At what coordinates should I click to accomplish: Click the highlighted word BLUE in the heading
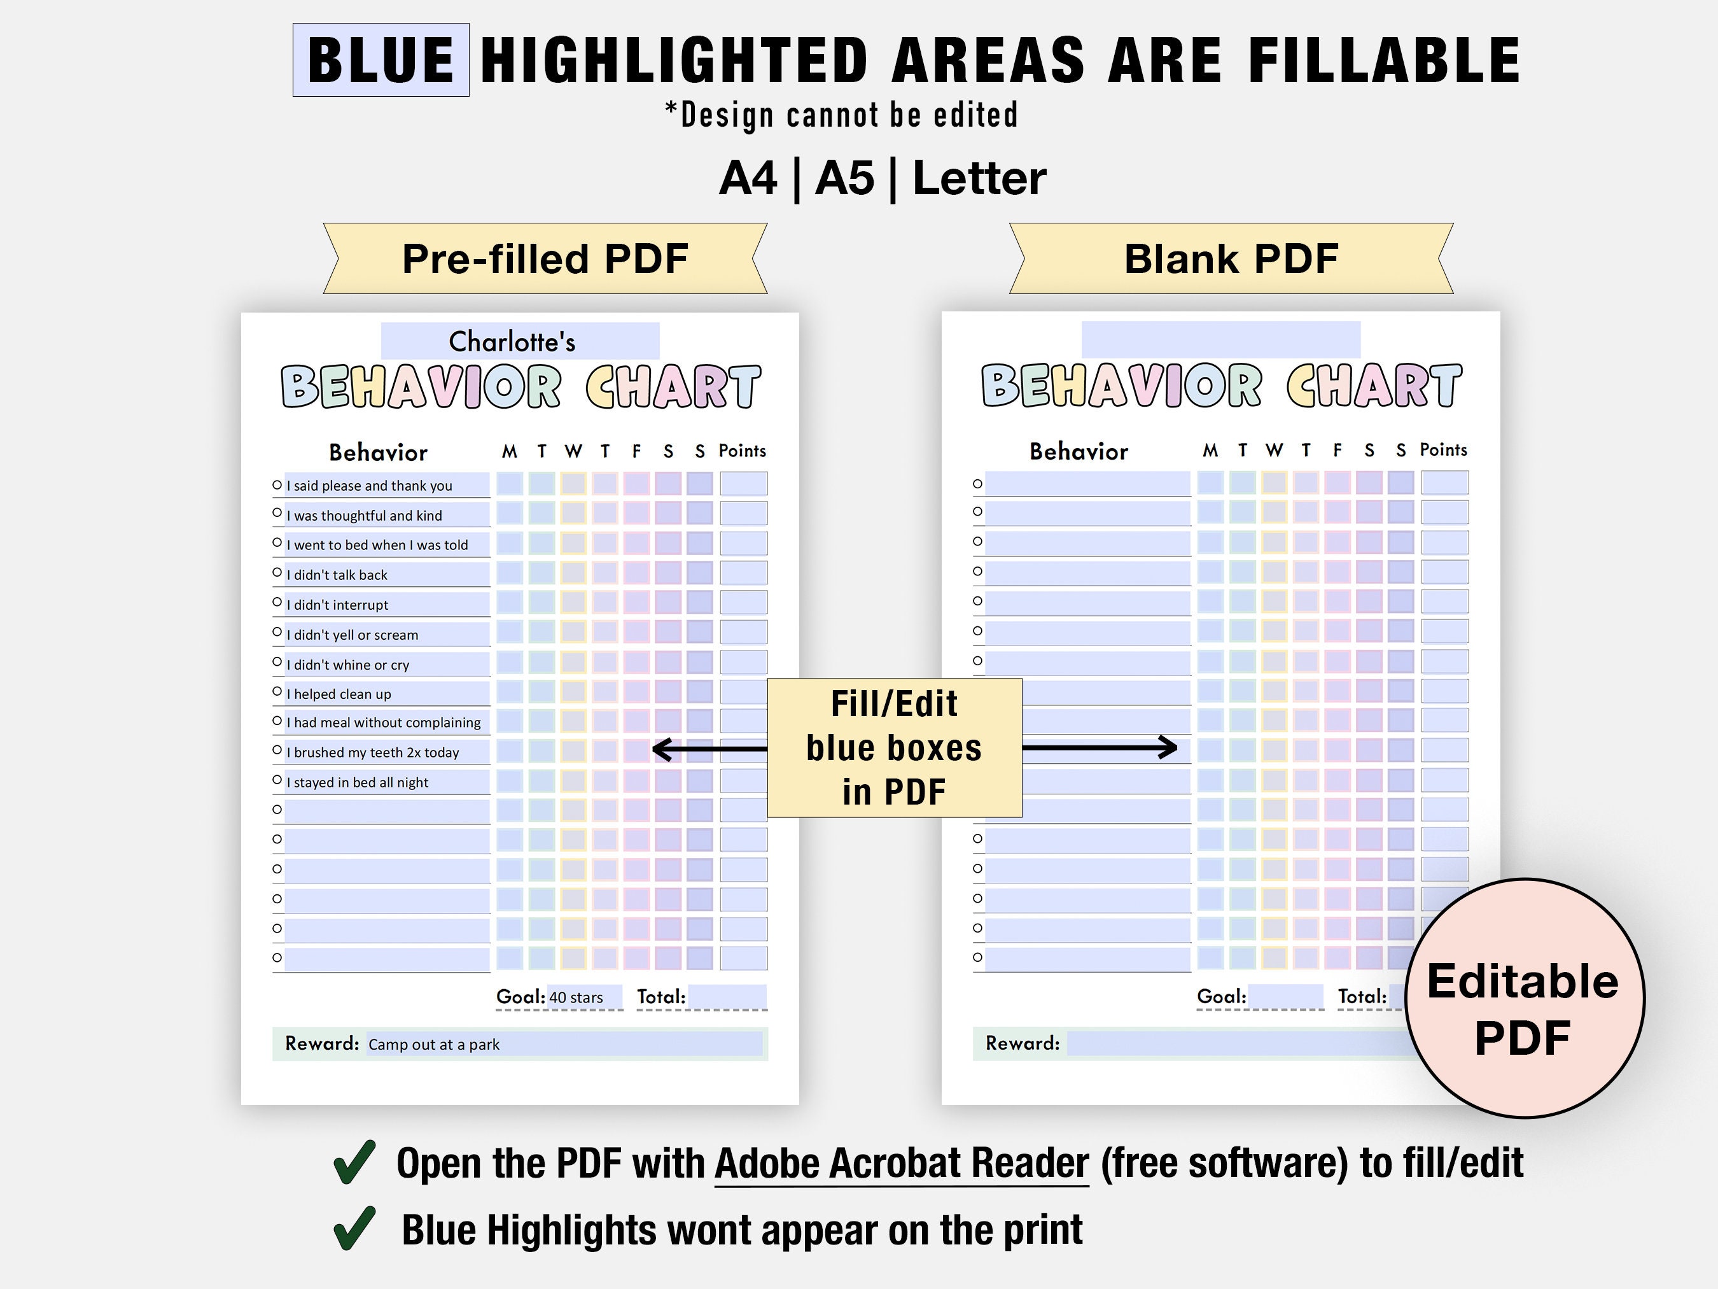pyautogui.click(x=381, y=60)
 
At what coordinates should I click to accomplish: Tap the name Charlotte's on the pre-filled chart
pyautogui.click(x=512, y=341)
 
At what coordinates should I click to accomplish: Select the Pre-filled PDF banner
pyautogui.click(x=545, y=258)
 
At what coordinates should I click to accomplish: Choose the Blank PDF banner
pyautogui.click(x=1231, y=258)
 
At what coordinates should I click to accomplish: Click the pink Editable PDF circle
pyautogui.click(x=1524, y=998)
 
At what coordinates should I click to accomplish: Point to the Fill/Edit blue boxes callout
pyautogui.click(x=894, y=747)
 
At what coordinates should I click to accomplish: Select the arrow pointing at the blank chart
pyautogui.click(x=1100, y=747)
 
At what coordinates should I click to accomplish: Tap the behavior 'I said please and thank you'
pyautogui.click(x=369, y=486)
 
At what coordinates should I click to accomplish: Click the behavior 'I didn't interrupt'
pyautogui.click(x=337, y=605)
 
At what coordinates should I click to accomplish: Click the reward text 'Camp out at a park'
pyautogui.click(x=433, y=1045)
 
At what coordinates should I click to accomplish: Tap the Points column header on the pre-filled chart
pyautogui.click(x=743, y=451)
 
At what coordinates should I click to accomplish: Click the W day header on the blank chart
pyautogui.click(x=1274, y=450)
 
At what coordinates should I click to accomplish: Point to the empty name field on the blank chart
pyautogui.click(x=1221, y=339)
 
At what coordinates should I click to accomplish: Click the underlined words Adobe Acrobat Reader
pyautogui.click(x=902, y=1163)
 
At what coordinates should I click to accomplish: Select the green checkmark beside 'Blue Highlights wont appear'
pyautogui.click(x=354, y=1229)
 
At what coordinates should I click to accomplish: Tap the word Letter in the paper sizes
pyautogui.click(x=979, y=178)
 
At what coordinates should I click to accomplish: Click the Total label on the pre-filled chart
pyautogui.click(x=661, y=997)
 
